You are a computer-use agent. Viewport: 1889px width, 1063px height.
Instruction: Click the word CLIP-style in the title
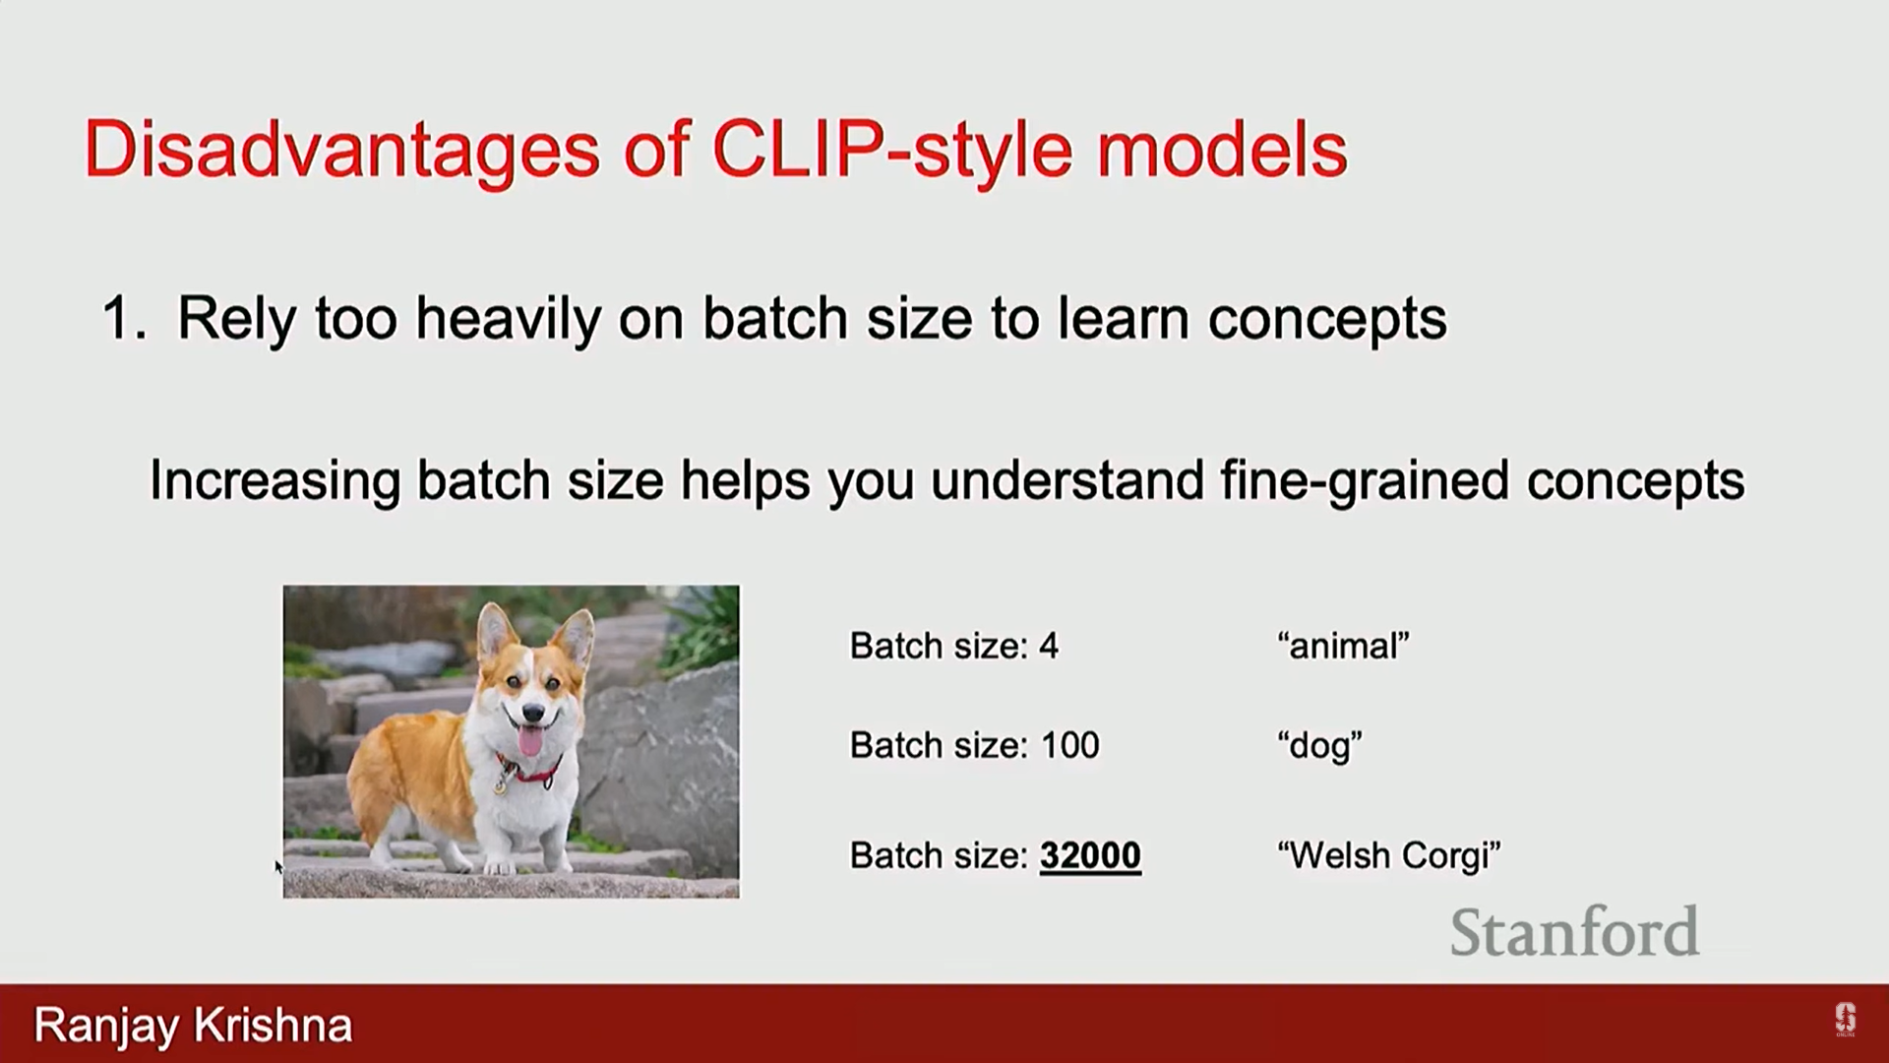coord(891,152)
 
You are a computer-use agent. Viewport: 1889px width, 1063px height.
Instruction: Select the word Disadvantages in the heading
coord(342,152)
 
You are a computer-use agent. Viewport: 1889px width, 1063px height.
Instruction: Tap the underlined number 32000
coord(1090,855)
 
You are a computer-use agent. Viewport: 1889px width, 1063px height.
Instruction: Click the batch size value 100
coord(1070,745)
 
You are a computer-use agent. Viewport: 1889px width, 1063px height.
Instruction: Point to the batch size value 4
coord(1049,647)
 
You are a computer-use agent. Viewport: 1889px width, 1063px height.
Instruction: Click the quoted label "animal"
coord(1343,646)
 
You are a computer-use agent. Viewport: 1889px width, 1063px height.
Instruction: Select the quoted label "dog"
coord(1319,746)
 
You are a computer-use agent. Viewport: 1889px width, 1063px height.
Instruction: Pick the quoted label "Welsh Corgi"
coord(1388,855)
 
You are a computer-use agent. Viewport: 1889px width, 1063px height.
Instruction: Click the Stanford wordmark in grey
coord(1574,931)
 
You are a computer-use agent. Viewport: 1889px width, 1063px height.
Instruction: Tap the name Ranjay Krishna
coord(193,1026)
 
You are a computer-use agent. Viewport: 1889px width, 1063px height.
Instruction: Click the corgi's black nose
coord(533,712)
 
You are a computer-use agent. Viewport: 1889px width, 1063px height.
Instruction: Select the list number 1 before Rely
coord(123,319)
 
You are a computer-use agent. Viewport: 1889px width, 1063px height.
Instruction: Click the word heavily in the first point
coord(508,320)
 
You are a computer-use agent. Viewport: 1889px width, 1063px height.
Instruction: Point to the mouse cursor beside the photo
coord(278,866)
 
